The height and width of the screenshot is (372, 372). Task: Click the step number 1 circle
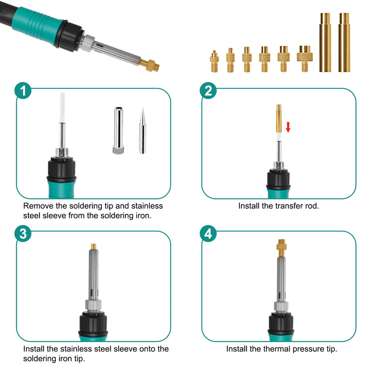tap(23, 91)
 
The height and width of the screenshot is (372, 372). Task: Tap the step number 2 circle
tap(208, 91)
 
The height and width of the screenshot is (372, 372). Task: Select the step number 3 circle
tap(23, 233)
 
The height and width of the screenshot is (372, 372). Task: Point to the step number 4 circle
tap(208, 233)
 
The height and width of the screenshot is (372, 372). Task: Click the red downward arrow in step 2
tap(288, 127)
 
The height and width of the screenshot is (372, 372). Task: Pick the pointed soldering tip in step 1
tap(142, 131)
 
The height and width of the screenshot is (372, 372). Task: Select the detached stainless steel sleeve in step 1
tap(119, 131)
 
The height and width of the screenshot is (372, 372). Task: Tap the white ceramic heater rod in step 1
tap(62, 108)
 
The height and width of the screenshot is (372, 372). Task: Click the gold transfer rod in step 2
tap(279, 119)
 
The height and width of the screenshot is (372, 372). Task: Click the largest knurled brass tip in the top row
tap(305, 59)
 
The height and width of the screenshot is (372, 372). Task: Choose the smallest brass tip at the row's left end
tap(214, 61)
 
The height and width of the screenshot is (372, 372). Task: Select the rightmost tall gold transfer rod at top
tap(344, 42)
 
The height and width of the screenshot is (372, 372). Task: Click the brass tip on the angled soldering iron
tap(150, 65)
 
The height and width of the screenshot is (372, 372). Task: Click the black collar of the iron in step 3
tap(93, 323)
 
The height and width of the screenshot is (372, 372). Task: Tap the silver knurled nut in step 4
tap(281, 306)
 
